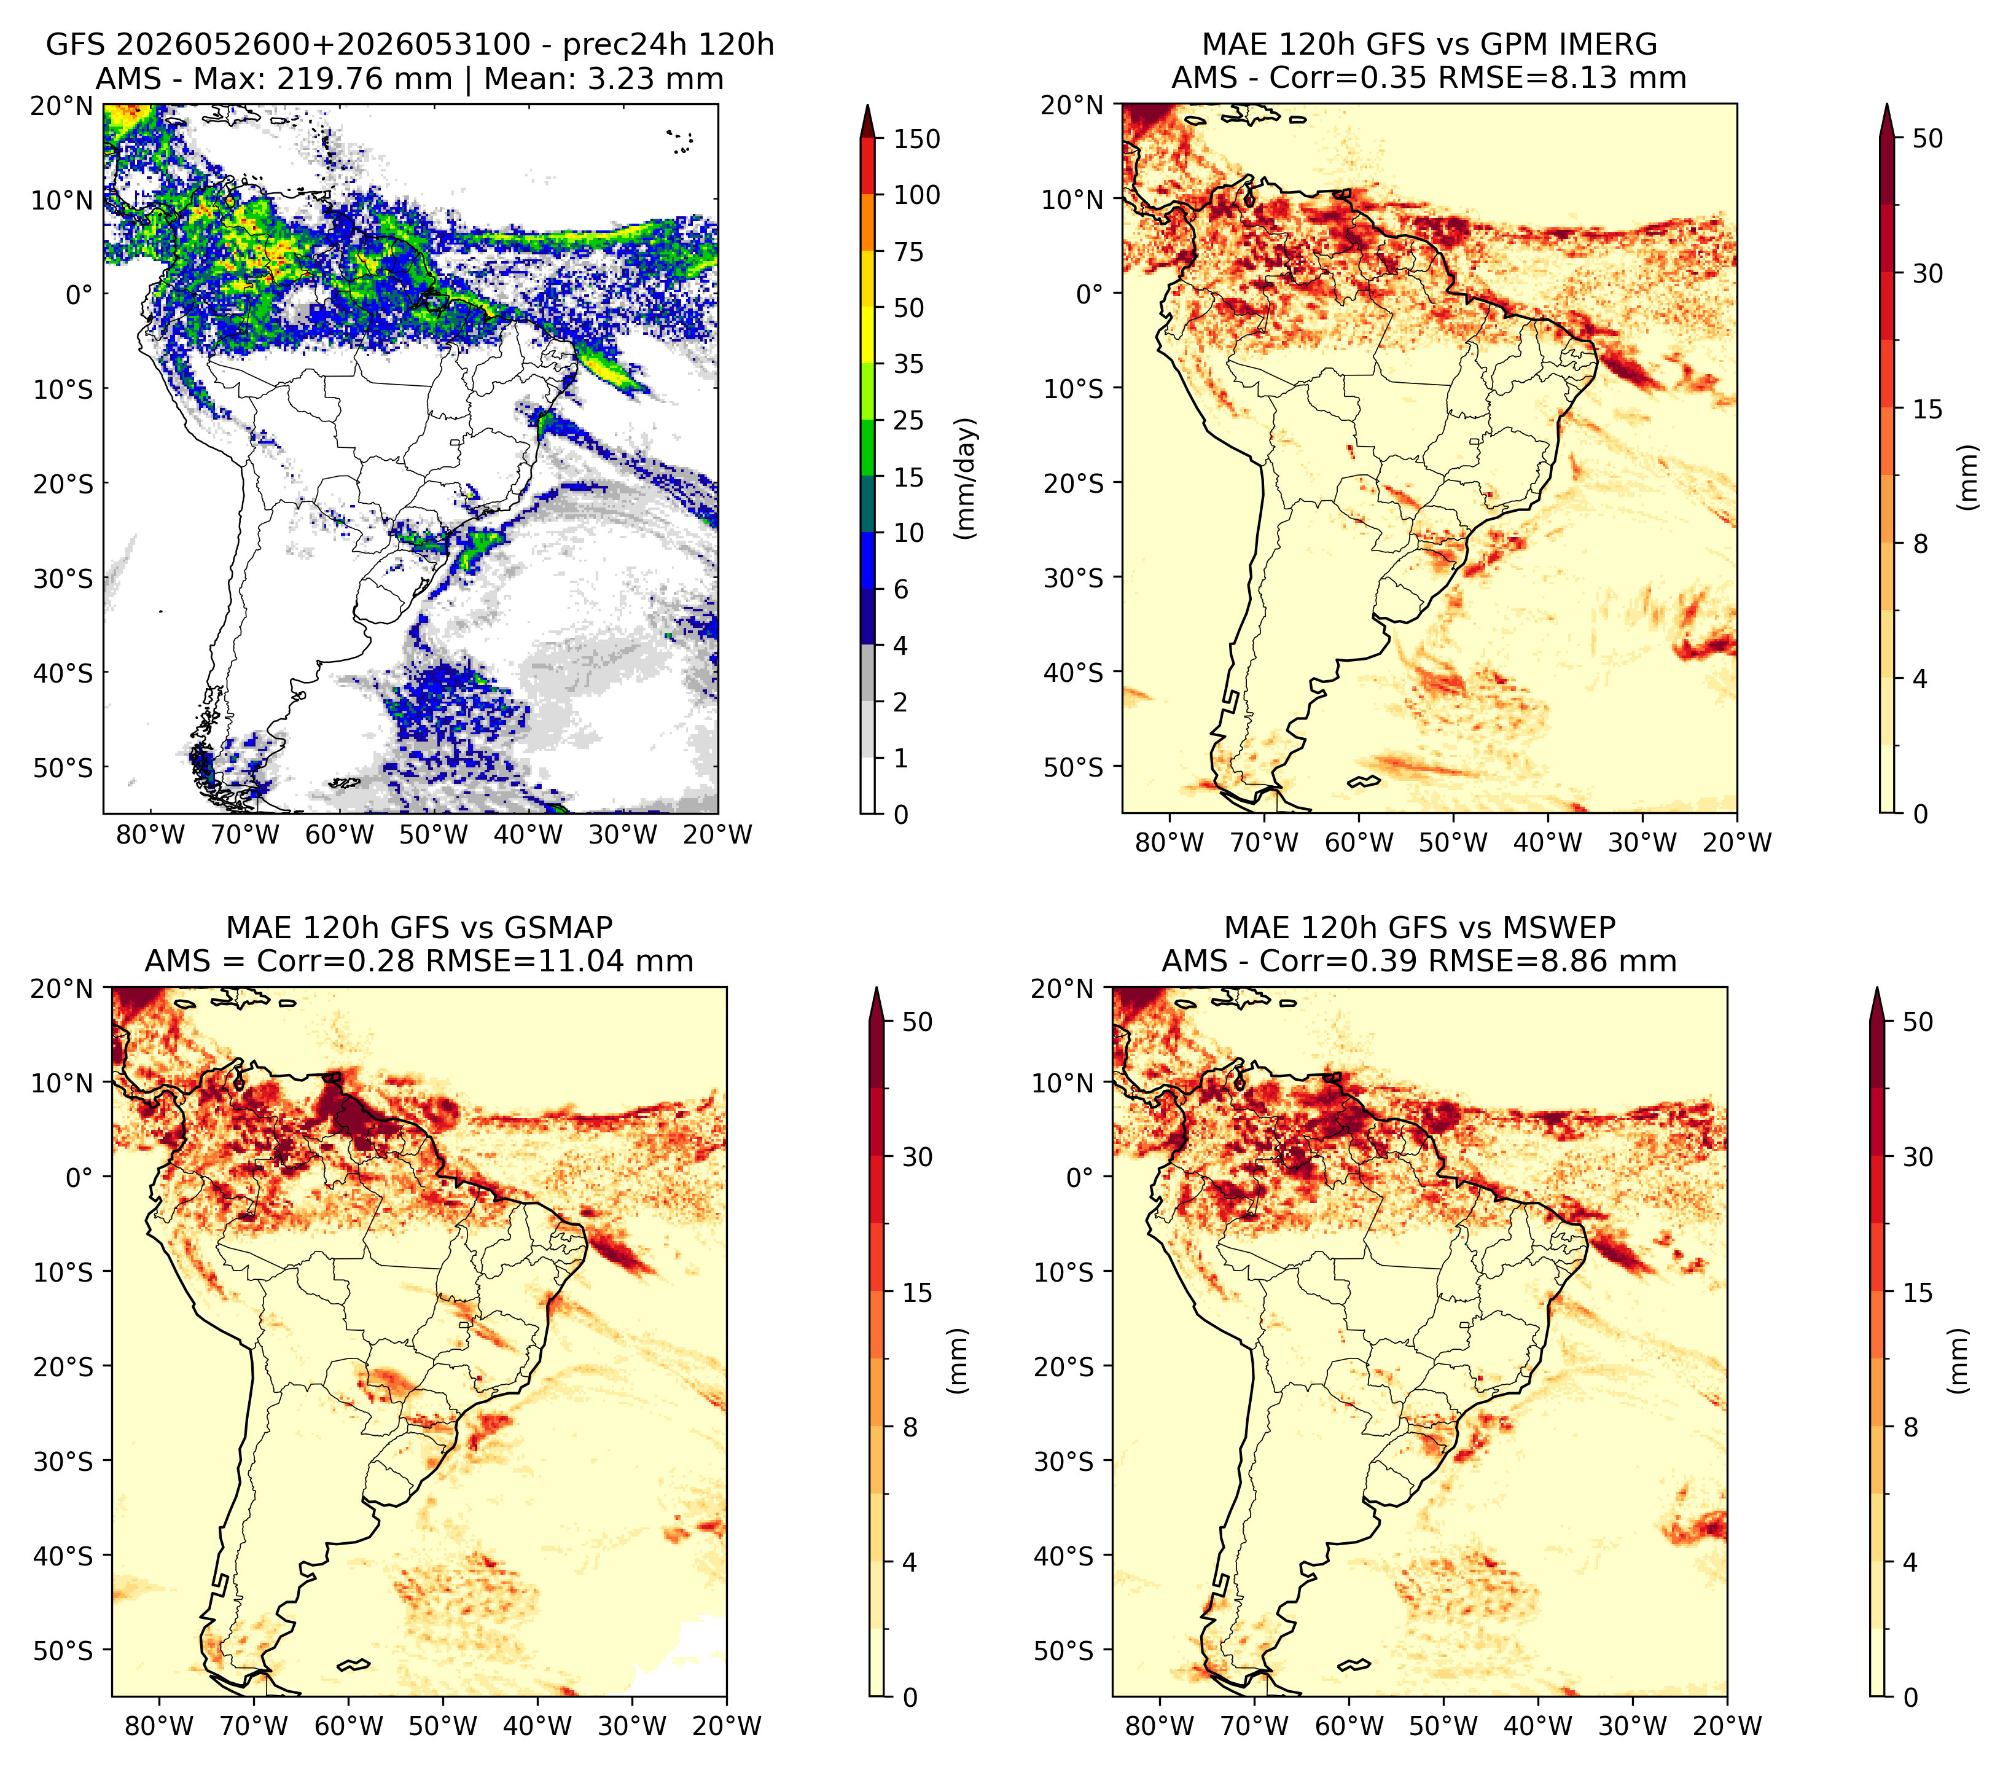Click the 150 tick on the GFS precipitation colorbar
(916, 139)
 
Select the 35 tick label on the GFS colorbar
(908, 364)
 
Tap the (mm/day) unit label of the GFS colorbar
(966, 478)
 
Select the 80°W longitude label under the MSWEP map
(1160, 1726)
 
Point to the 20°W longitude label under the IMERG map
(1736, 842)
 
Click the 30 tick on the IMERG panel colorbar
(1928, 273)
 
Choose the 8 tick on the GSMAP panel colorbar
(910, 1428)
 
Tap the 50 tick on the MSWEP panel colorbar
(1918, 1021)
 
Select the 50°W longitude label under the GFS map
(434, 836)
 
